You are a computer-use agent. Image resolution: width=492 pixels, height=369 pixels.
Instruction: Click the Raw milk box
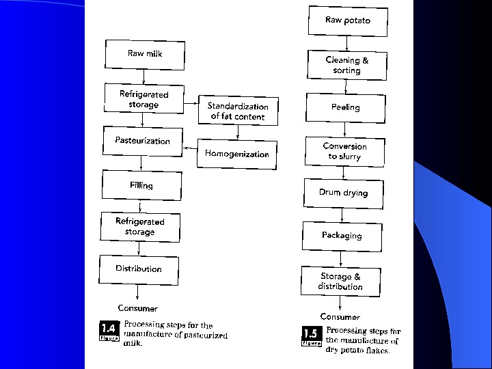(145, 54)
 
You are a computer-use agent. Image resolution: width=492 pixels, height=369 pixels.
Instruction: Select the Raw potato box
(348, 20)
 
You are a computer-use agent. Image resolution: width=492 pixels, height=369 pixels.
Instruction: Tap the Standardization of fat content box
(238, 111)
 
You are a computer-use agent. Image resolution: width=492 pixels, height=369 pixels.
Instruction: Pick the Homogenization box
(237, 154)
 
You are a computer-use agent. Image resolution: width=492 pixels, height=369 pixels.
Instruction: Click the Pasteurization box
(143, 141)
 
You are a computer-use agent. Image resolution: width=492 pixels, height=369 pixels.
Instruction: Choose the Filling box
(141, 185)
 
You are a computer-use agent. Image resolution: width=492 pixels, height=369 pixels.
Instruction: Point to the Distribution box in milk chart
(139, 269)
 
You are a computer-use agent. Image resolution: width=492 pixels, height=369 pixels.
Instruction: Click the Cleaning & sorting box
(347, 65)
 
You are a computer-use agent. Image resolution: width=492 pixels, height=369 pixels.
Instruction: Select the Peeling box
(346, 107)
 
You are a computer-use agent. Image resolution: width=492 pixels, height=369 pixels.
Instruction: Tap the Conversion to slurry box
(344, 151)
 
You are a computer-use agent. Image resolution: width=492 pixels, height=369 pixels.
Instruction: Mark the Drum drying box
(343, 193)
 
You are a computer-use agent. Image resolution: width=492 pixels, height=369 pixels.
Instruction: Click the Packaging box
(342, 236)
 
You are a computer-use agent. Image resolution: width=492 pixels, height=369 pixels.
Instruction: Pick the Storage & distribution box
(340, 282)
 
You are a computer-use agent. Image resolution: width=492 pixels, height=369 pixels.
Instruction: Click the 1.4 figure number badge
(109, 331)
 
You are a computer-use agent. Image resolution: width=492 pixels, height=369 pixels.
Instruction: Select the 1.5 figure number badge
(311, 336)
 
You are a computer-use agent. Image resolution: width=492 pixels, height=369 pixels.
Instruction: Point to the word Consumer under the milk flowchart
(137, 308)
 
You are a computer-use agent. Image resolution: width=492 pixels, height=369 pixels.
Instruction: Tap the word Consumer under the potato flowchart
(340, 317)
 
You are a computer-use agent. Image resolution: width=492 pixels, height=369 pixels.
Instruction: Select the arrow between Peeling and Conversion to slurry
(345, 128)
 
